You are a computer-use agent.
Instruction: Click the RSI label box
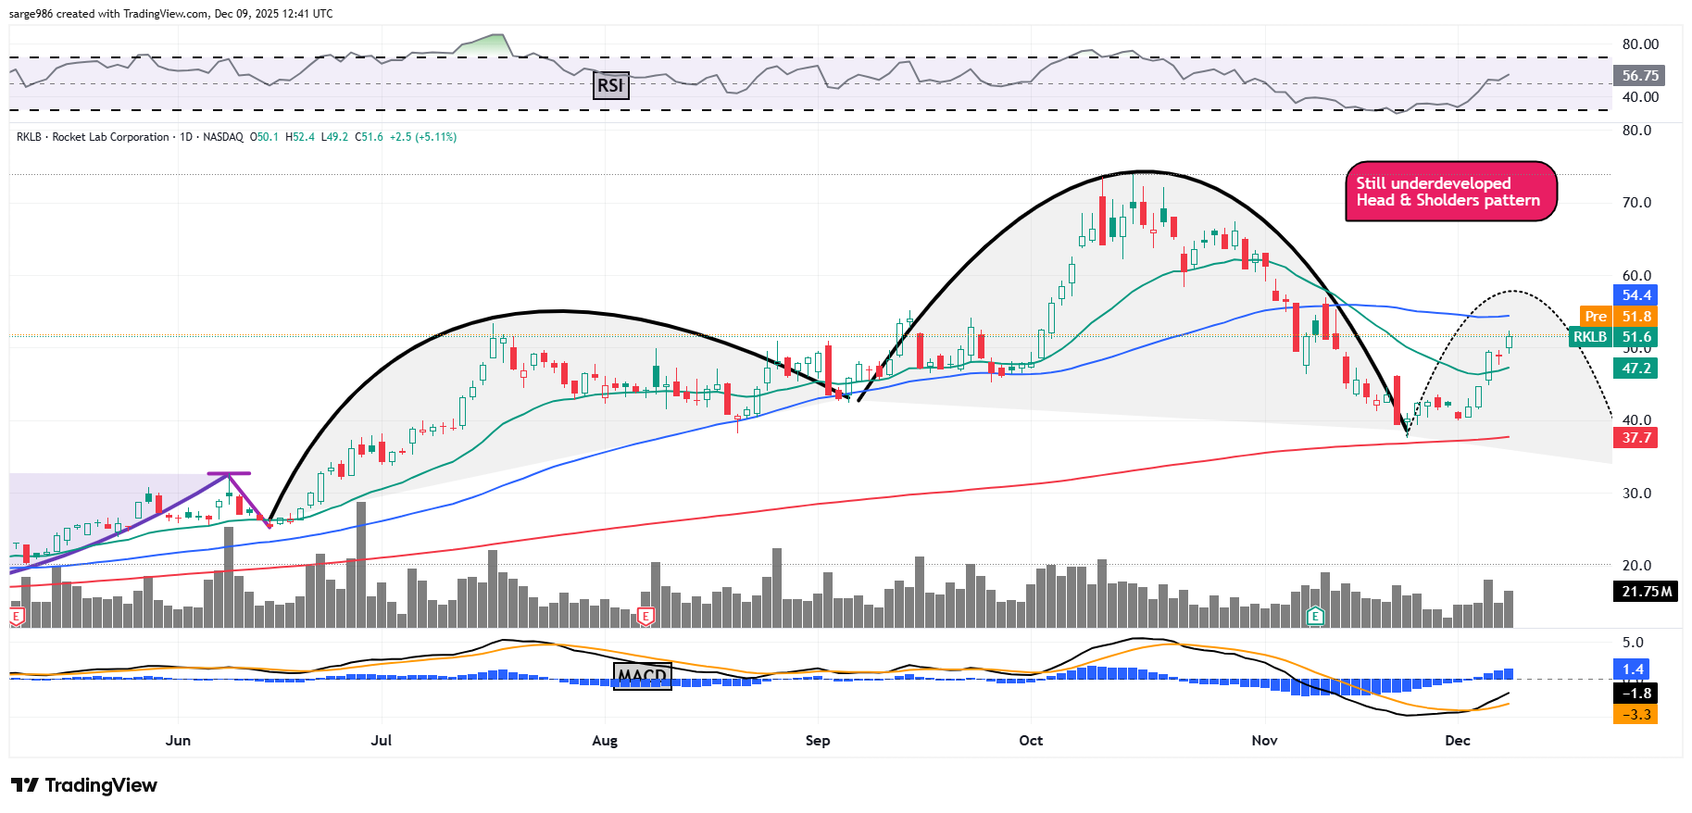[610, 86]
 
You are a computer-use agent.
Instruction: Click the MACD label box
[642, 676]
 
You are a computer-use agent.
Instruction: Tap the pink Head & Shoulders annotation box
[1449, 192]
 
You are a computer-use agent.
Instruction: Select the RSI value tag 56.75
[1639, 76]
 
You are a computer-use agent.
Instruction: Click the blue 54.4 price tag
[1636, 295]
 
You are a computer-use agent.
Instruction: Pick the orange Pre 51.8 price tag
[1618, 317]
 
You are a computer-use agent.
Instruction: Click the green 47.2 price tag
[1636, 369]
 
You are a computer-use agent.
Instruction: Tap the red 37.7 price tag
[1636, 438]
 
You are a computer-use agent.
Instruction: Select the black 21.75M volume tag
[1647, 592]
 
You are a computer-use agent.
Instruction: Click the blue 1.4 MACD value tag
[1633, 669]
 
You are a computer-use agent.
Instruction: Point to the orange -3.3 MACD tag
[1635, 715]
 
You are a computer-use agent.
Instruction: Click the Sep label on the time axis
[818, 741]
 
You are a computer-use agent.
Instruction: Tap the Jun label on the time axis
[178, 741]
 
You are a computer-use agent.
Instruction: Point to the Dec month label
[1458, 741]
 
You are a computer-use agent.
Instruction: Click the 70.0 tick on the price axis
[1636, 203]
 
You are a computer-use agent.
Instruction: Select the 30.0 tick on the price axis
[1636, 494]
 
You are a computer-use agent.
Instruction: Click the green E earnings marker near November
[1314, 617]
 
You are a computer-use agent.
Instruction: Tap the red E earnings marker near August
[646, 617]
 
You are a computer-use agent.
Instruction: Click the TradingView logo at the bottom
[84, 785]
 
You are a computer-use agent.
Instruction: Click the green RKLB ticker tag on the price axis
[1590, 337]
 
